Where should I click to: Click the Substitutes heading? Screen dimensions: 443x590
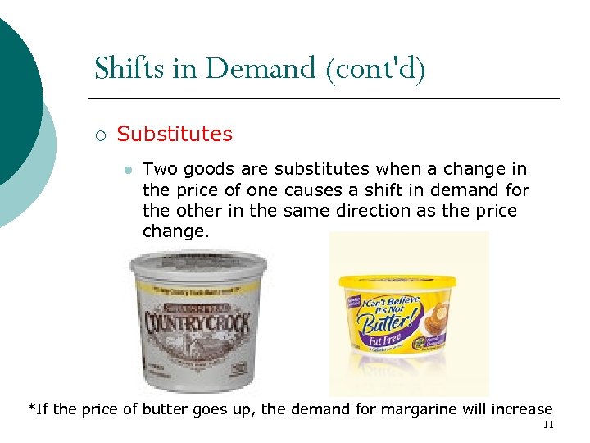click(x=175, y=134)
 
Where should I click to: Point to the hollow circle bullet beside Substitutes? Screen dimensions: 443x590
click(x=100, y=135)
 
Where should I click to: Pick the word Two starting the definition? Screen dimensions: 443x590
click(x=160, y=170)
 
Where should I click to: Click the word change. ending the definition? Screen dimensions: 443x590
click(x=176, y=231)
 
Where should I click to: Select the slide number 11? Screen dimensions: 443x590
click(x=548, y=425)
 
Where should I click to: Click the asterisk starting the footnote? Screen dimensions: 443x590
click(x=32, y=407)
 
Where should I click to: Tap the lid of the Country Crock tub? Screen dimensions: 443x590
click(x=199, y=266)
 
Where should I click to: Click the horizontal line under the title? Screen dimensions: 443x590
click(x=328, y=99)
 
